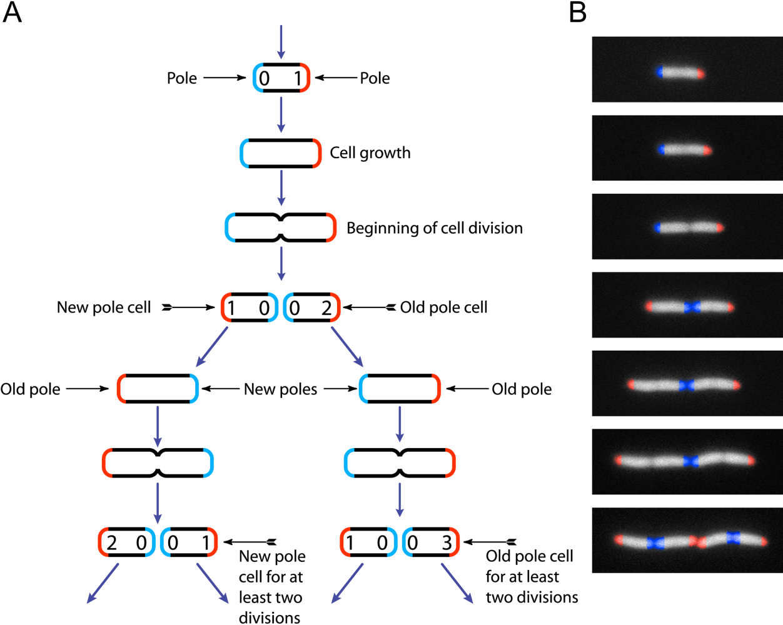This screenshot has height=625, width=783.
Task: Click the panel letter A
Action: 13,12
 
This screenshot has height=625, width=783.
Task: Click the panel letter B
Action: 578,12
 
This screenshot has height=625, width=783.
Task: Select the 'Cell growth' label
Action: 370,153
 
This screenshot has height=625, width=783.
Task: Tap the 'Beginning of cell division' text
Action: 435,228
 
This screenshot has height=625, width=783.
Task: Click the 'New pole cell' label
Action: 104,307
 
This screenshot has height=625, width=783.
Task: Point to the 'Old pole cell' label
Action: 443,307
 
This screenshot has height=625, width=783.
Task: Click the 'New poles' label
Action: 280,389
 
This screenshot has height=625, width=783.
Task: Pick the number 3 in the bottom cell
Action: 447,543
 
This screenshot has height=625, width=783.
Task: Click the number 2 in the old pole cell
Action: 326,308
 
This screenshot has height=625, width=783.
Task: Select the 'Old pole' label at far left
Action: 31,389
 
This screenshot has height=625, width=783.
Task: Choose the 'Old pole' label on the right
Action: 522,389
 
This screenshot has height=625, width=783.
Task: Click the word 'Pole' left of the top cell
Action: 182,78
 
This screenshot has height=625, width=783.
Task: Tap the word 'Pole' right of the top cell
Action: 375,78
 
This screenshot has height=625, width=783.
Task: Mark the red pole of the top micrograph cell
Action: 701,74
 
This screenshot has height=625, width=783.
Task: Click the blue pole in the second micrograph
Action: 663,150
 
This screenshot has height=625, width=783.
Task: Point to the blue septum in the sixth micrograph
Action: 690,461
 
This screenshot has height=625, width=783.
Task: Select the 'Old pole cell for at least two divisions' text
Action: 530,577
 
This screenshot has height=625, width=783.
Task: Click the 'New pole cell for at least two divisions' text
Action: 271,587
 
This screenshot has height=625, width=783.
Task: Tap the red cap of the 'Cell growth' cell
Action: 317,154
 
